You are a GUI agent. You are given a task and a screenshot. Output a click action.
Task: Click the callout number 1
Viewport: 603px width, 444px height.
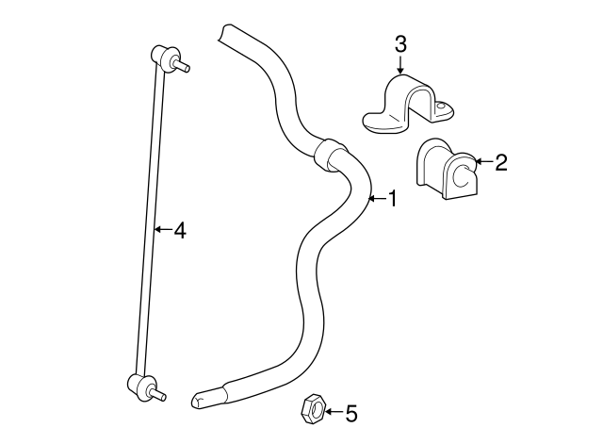pos(393,199)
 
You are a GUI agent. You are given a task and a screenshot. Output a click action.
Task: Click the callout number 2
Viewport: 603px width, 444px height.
pos(500,163)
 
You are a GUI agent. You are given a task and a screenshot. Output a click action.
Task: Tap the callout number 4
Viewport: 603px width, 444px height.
pos(179,229)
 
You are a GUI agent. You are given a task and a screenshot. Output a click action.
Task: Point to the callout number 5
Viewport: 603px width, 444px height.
pos(351,412)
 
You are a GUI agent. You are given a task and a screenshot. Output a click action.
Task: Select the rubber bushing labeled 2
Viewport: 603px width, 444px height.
pos(448,169)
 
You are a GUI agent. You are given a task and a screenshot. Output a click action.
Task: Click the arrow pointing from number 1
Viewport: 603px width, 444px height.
pos(375,199)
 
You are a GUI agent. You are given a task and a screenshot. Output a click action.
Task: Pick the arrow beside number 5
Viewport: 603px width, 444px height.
pos(332,412)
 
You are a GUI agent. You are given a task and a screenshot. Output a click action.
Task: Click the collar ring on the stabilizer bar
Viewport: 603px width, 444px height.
pos(332,154)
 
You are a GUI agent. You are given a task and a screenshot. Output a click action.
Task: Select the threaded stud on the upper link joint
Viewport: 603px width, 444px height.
pos(184,66)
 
